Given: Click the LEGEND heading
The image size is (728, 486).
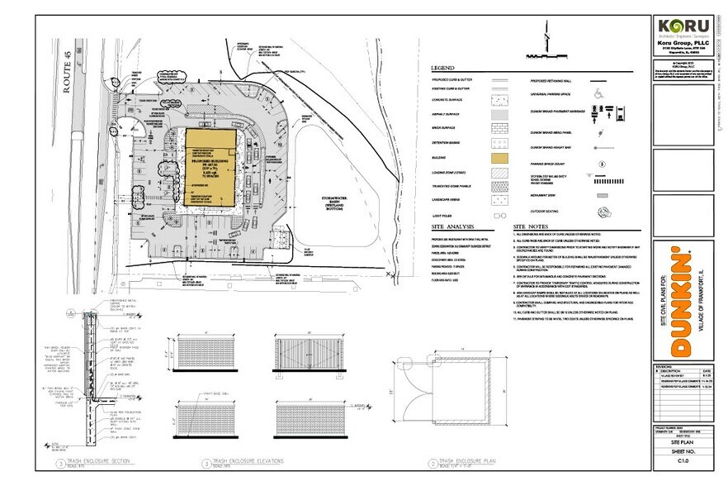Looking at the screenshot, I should coord(444,67).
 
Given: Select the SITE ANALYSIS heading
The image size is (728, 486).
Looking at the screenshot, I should coord(452,226).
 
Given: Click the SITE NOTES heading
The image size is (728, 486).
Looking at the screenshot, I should coord(531,226).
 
